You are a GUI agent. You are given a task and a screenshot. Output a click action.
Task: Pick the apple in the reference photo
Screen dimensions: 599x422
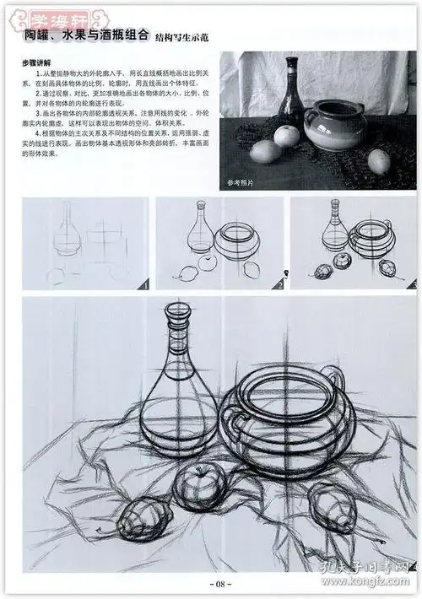289,134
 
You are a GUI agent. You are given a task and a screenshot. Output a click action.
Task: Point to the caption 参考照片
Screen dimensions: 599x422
241,181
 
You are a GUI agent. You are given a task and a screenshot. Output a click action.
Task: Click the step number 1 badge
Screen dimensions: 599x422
143,286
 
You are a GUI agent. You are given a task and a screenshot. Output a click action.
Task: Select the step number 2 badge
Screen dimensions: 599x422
279,286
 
